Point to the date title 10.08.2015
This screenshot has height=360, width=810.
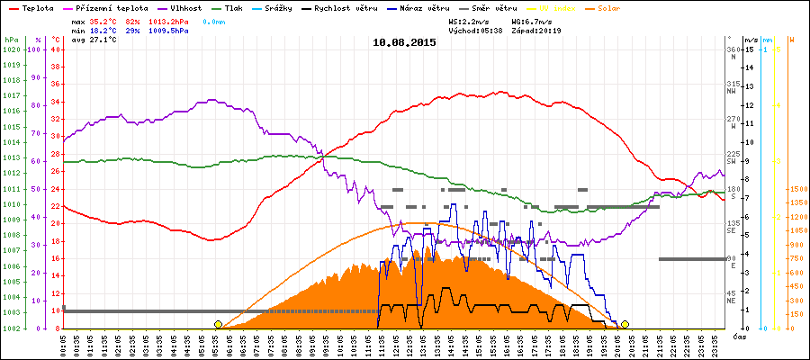click(405, 41)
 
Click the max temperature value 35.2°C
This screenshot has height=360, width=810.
click(104, 19)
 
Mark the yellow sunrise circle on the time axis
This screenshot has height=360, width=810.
click(218, 324)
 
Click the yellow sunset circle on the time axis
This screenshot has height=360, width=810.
click(625, 324)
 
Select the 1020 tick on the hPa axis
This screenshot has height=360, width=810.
click(12, 49)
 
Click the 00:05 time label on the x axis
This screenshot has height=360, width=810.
click(65, 344)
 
